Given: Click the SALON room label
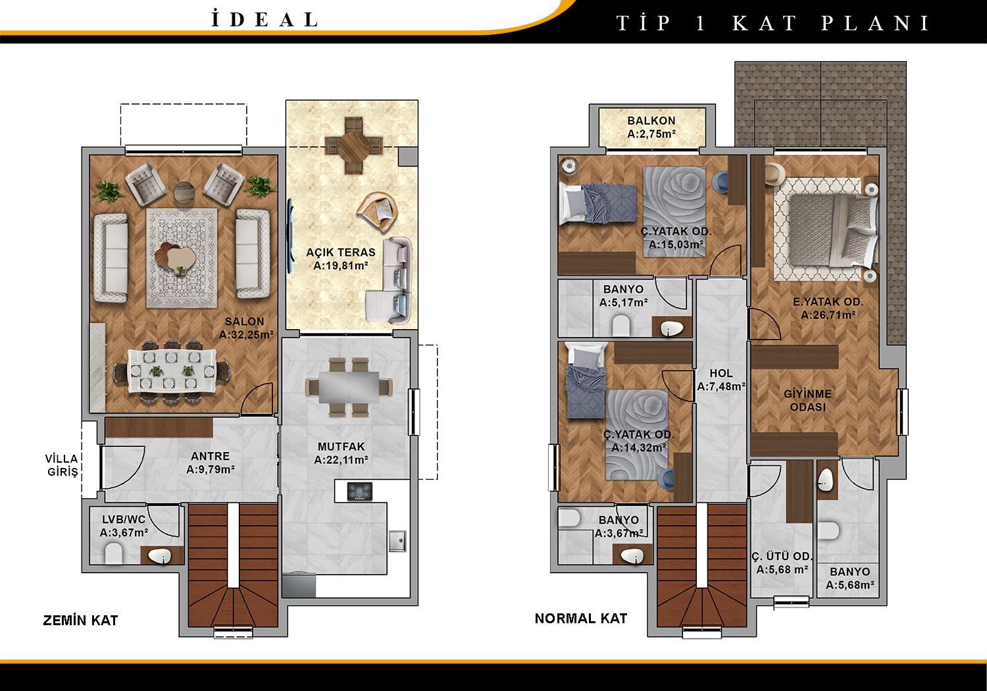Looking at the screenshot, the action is pyautogui.click(x=245, y=322).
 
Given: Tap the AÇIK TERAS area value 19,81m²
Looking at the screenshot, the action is pyautogui.click(x=341, y=265).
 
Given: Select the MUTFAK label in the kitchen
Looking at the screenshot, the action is pyautogui.click(x=342, y=446).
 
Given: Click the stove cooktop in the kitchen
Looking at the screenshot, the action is pyautogui.click(x=360, y=492).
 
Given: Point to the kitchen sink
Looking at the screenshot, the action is pyautogui.click(x=397, y=541).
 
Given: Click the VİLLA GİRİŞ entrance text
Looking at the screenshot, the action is pyautogui.click(x=62, y=465).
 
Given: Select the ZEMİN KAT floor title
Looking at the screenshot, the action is pyautogui.click(x=80, y=621).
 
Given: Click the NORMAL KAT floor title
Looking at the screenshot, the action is pyautogui.click(x=581, y=619).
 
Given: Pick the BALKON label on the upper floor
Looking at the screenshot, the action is pyautogui.click(x=651, y=120).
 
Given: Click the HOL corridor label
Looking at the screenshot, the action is pyautogui.click(x=721, y=373).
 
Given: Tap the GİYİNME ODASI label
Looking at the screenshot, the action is pyautogui.click(x=807, y=400).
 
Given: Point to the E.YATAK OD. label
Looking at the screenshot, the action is pyautogui.click(x=828, y=302).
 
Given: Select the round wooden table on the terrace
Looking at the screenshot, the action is pyautogui.click(x=354, y=145).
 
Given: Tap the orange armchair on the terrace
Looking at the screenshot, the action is pyautogui.click(x=378, y=211).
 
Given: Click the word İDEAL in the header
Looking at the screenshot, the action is pyautogui.click(x=265, y=20).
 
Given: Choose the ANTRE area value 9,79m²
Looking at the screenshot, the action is pyautogui.click(x=211, y=469).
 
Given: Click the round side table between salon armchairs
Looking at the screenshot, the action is pyautogui.click(x=184, y=193).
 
